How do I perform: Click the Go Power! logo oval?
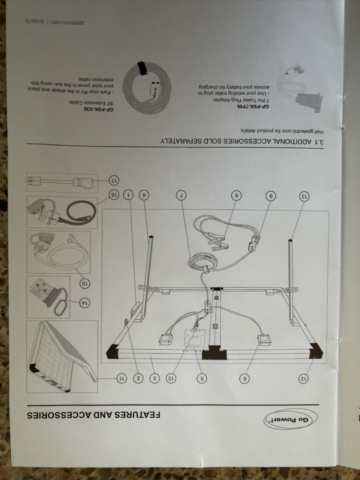(291, 420)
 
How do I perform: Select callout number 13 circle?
(304, 196)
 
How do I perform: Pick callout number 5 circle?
(202, 379)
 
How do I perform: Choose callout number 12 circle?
(303, 379)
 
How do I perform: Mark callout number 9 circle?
(270, 195)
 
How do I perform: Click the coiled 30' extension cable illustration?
(147, 87)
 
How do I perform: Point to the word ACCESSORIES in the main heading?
(60, 415)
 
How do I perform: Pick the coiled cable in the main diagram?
(202, 262)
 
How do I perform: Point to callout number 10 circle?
(172, 379)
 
